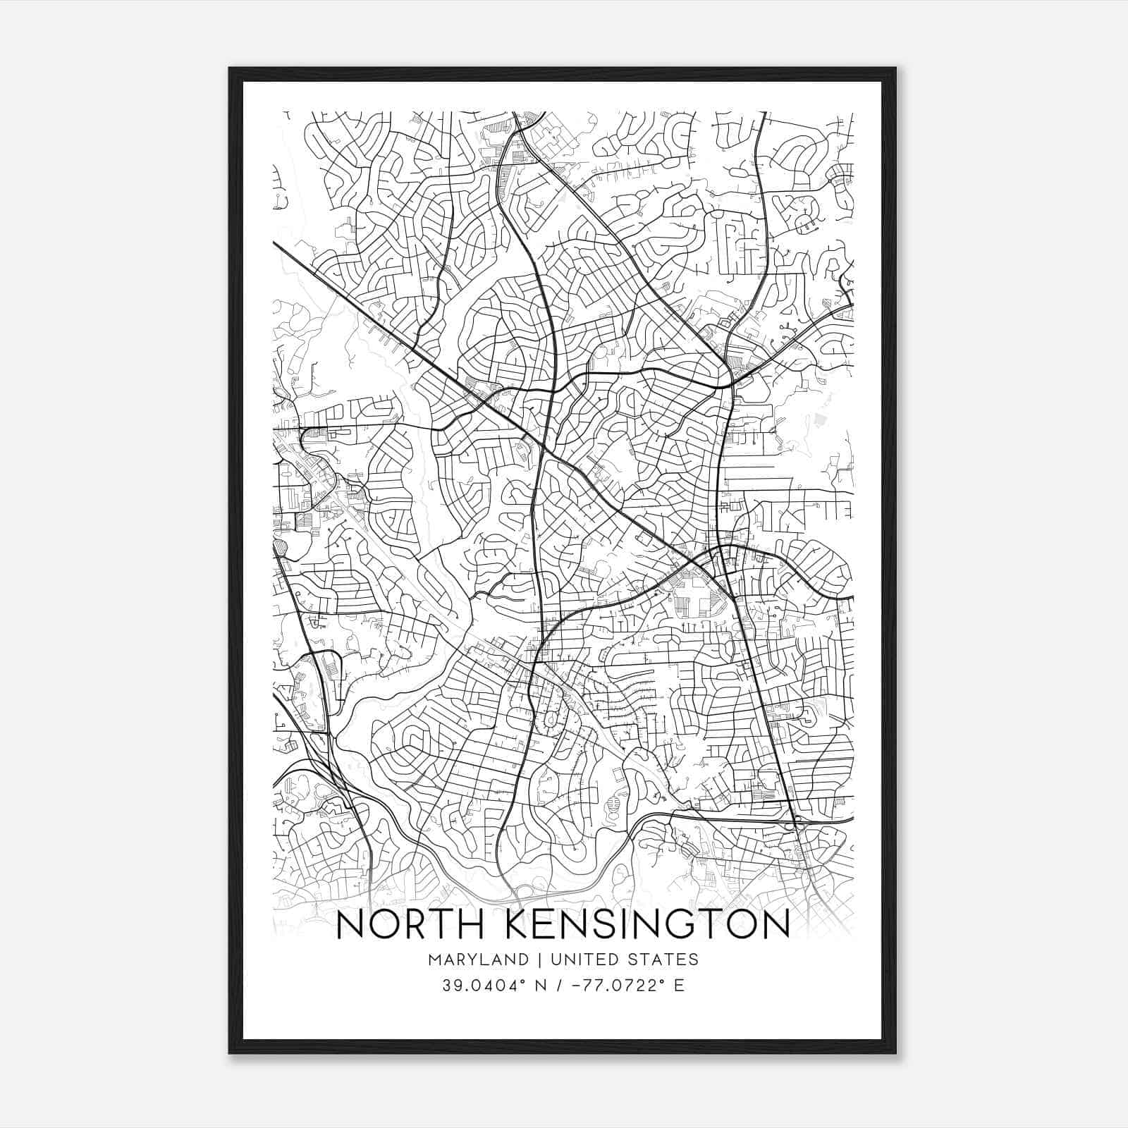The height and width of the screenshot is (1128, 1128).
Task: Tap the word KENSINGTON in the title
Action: click(648, 926)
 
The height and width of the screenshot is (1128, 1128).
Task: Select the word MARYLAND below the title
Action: click(477, 960)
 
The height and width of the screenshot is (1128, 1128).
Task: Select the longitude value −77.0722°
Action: click(611, 985)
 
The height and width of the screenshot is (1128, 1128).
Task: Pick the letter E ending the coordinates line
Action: click(680, 985)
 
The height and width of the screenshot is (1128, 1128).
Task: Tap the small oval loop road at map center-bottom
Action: click(549, 721)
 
